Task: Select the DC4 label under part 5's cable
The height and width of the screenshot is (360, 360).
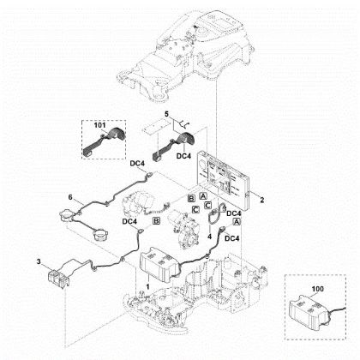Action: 183,157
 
